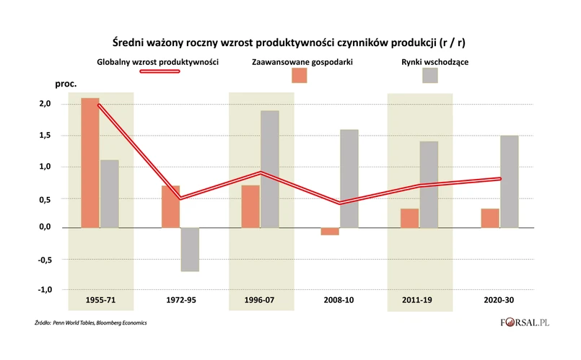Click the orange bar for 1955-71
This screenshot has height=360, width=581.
90,162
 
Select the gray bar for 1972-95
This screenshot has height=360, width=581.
190,250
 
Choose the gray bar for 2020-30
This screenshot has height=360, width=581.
509,181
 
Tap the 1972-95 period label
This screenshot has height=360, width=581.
180,300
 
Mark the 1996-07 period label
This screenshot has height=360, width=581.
259,300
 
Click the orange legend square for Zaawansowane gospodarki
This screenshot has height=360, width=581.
299,75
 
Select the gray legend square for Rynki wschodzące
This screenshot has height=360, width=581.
430,75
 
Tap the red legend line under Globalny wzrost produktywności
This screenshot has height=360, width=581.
157,72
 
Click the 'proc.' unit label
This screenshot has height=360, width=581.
66,84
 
